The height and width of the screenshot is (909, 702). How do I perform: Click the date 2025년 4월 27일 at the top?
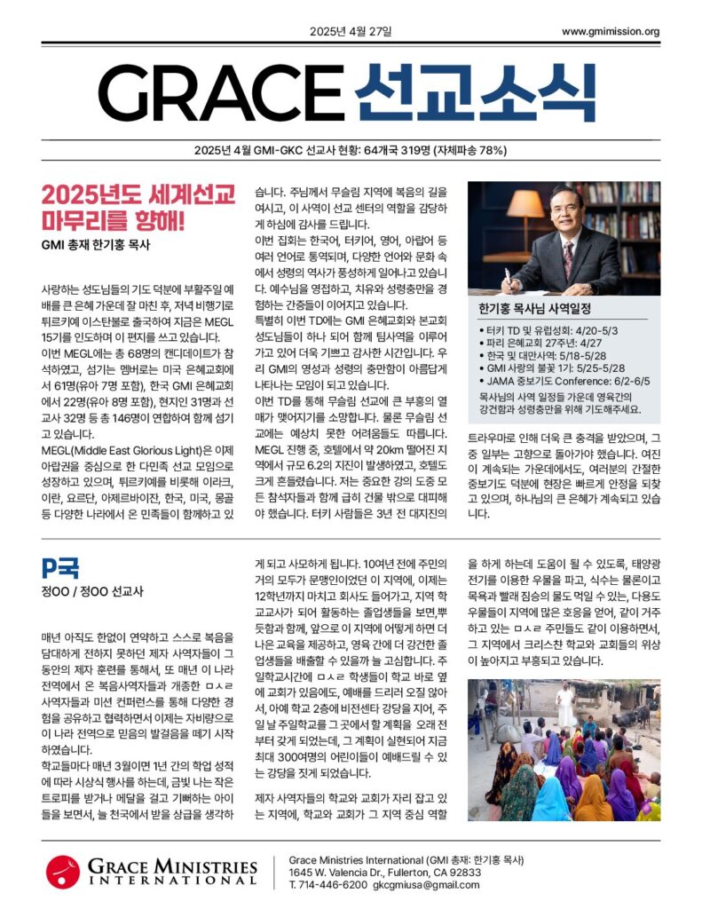pyautogui.click(x=350, y=32)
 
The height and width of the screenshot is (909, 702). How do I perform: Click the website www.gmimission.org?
pyautogui.click(x=610, y=32)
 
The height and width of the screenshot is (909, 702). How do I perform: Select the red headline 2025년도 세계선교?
pyautogui.click(x=138, y=194)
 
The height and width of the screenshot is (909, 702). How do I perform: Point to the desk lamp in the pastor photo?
pyautogui.click(x=525, y=209)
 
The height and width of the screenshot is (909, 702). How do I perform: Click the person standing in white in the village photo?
pyautogui.click(x=564, y=705)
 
